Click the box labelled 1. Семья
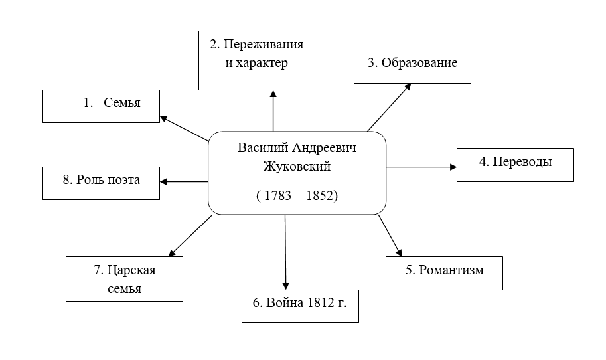[101, 106]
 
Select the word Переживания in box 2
[263, 46]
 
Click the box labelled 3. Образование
[412, 66]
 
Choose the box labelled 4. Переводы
[514, 164]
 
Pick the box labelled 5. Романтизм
[443, 273]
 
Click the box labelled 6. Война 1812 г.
[300, 306]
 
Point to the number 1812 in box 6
[321, 303]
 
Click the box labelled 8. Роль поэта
[101, 183]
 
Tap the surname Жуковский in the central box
[296, 166]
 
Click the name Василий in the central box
[260, 147]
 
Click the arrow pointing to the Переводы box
[421, 167]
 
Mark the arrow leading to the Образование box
[389, 107]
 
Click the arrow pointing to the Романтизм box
[390, 235]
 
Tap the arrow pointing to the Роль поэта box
[185, 181]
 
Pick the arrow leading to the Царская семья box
[191, 236]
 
